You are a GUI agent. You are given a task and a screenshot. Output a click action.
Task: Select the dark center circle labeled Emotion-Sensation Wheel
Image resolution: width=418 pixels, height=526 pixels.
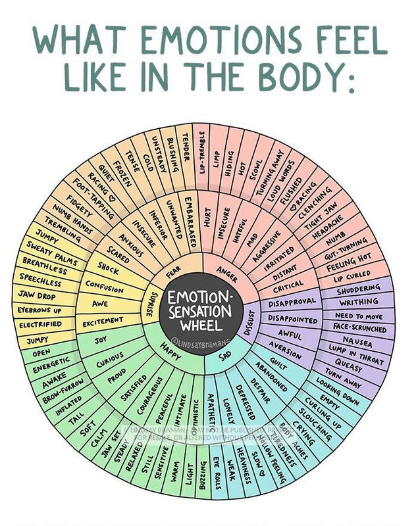click(x=199, y=309)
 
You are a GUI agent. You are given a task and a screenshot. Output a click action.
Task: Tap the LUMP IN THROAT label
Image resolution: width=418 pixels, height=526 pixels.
click(x=356, y=356)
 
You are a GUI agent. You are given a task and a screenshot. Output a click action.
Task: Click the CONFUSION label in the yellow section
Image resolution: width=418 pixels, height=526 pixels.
click(x=104, y=287)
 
